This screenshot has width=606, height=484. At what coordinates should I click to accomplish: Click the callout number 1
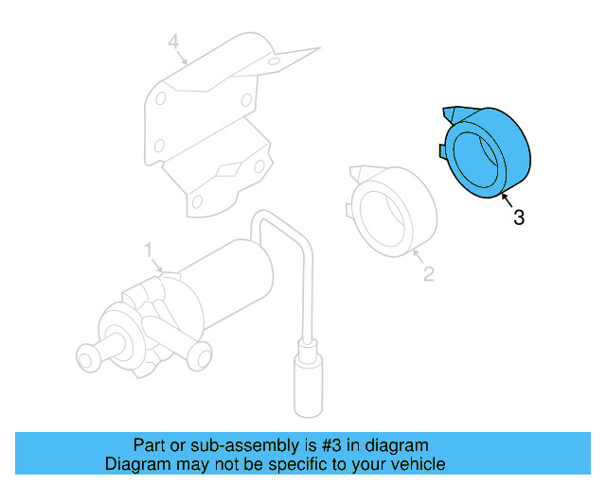tap(149, 250)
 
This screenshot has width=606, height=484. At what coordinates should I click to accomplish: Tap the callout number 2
tap(428, 274)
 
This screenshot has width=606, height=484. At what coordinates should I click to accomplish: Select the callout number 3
tap(518, 217)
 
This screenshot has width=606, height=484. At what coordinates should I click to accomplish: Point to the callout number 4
tap(173, 42)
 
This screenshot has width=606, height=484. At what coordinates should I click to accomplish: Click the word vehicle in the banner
tap(418, 464)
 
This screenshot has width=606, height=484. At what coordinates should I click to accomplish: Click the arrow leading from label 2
tap(417, 257)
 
